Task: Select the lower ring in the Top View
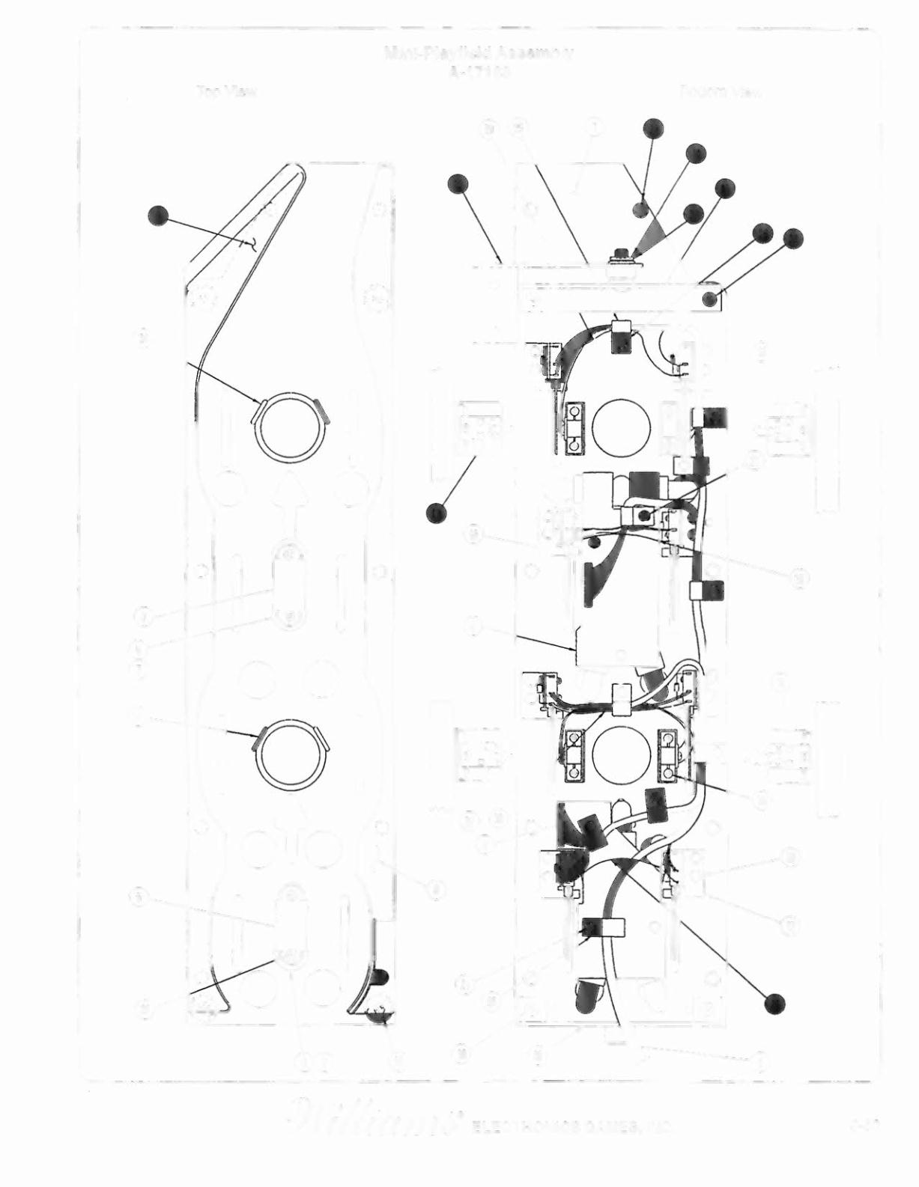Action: tap(291, 758)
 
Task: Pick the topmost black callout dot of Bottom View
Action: tap(654, 129)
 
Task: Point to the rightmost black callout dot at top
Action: tap(792, 239)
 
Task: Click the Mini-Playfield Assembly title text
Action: tap(479, 52)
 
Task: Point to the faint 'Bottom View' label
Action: tap(721, 92)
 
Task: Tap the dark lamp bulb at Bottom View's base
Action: tap(588, 994)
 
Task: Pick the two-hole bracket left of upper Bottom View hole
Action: tap(574, 427)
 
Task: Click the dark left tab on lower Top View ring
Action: tap(258, 741)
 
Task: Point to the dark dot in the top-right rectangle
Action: tap(709, 301)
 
